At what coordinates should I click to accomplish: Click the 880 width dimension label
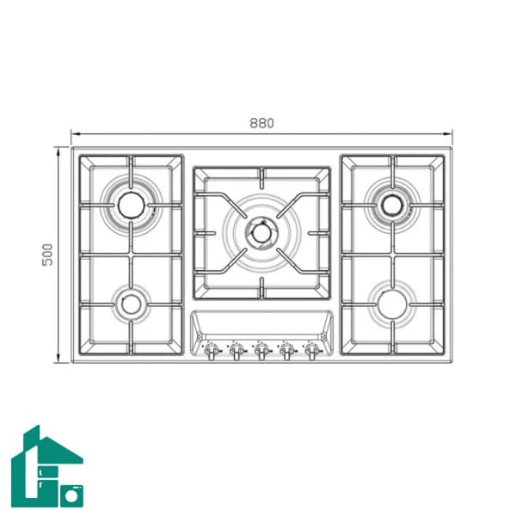pos(261,123)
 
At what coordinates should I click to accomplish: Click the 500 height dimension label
pos(47,255)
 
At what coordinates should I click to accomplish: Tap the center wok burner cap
pos(262,233)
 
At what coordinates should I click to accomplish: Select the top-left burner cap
pos(131,205)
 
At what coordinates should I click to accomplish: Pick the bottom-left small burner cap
pos(131,304)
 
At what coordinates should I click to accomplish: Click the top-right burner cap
pos(393,205)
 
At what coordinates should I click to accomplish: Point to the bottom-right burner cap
pos(392,304)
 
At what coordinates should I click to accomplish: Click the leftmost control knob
pos(212,350)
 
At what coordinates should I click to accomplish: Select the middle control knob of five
pos(261,350)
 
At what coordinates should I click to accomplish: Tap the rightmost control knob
pos(312,350)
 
